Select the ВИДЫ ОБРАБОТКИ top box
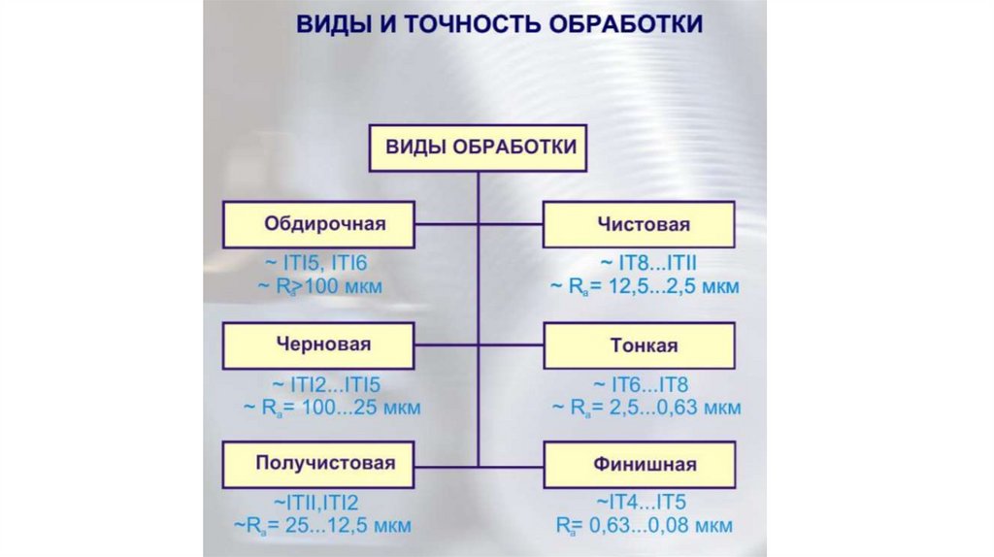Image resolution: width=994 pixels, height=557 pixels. point(481,147)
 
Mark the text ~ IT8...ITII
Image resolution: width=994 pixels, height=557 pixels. point(644,263)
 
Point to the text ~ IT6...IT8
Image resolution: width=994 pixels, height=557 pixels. point(644,383)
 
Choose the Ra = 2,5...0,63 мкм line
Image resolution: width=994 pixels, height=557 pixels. point(645,407)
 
